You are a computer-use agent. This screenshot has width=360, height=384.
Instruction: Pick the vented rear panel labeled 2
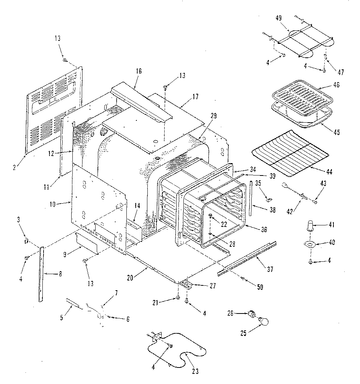click(x=52, y=109)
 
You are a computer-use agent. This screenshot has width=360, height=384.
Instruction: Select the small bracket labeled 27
click(x=186, y=285)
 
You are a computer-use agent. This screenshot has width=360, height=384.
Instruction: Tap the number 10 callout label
click(x=52, y=204)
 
